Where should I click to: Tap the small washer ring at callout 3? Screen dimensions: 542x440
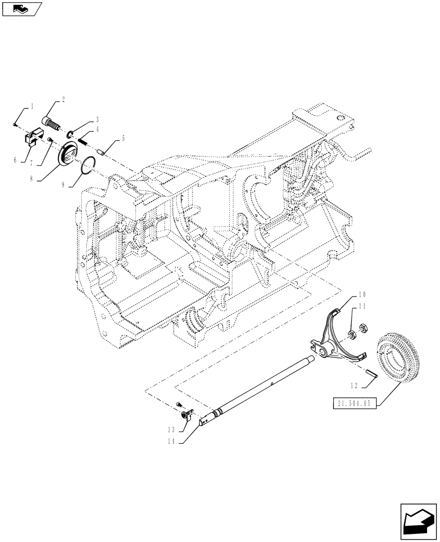pyautogui.click(x=72, y=133)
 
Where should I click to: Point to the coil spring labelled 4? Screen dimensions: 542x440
pyautogui.click(x=83, y=140)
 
